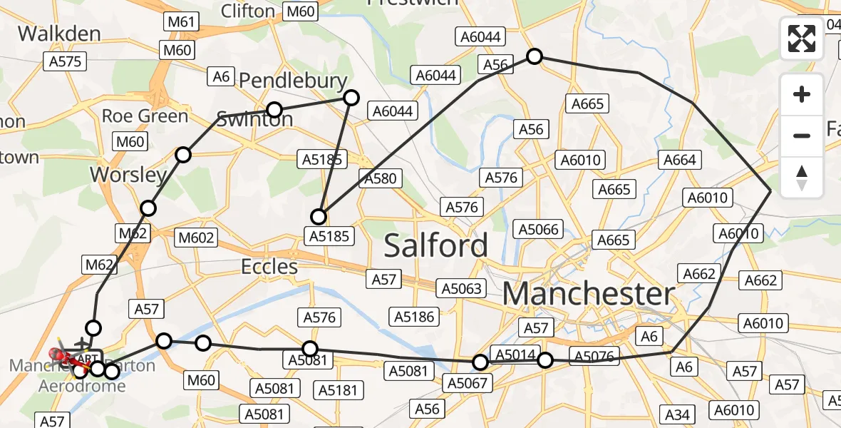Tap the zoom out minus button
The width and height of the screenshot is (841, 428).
point(802,135)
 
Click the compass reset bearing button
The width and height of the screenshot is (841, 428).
point(802,177)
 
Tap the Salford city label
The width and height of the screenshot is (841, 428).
point(436,245)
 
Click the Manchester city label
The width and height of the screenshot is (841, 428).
point(589,294)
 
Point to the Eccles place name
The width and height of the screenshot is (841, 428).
point(269,267)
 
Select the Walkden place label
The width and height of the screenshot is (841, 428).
point(59,34)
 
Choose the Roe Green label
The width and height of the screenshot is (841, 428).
point(145,116)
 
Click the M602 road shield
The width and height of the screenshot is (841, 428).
point(197,238)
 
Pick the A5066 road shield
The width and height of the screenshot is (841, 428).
point(539,229)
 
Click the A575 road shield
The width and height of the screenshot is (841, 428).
point(65,61)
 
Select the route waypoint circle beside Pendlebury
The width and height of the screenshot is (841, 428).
point(351,98)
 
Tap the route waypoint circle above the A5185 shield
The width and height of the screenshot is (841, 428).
point(319,216)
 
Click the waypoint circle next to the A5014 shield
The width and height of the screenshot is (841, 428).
point(545,360)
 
